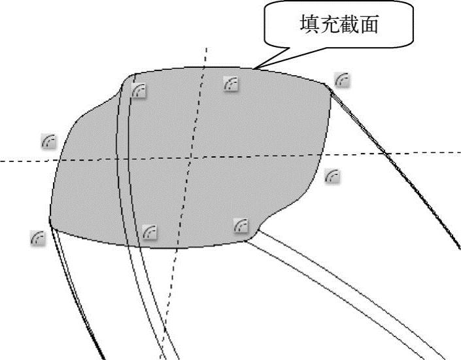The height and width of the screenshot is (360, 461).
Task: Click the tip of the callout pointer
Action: (256, 68)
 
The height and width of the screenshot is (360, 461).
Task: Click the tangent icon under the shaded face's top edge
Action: (231, 84)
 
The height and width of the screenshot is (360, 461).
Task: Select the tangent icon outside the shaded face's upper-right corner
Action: (341, 79)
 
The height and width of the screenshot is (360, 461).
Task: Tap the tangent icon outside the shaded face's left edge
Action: (48, 140)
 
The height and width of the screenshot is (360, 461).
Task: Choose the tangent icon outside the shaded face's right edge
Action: (333, 175)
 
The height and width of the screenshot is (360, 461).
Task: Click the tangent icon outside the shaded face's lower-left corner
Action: (38, 238)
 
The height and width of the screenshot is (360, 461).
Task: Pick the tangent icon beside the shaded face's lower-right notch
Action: (241, 225)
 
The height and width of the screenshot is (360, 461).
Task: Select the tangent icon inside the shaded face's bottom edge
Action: (150, 231)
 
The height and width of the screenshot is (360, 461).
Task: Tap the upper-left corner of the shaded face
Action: (133, 74)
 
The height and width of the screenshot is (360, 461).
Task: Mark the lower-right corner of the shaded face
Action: (246, 239)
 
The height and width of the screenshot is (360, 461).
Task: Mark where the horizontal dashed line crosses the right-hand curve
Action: (388, 154)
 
